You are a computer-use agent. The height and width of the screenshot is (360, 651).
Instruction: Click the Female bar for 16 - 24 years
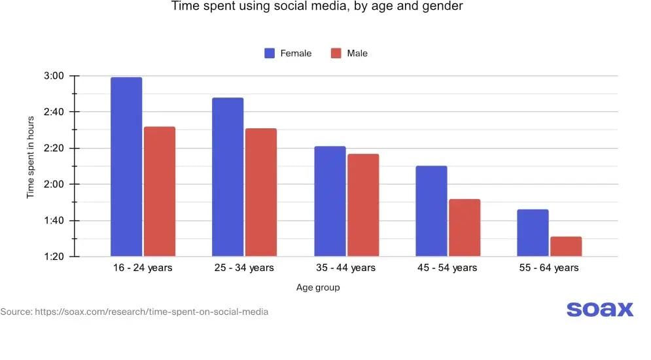pos(126,167)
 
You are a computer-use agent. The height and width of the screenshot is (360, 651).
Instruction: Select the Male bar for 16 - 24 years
pos(160,191)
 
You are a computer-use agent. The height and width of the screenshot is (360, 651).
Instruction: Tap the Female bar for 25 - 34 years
pos(228,177)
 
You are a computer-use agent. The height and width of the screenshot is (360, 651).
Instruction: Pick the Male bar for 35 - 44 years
pos(363,205)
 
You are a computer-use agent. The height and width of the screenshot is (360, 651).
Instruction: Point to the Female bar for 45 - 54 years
pos(431,211)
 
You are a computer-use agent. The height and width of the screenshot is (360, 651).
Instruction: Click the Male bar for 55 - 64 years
pos(566,246)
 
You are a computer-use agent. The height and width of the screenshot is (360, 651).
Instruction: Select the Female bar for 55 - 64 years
pos(533,232)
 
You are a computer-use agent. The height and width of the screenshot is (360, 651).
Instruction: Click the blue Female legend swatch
pos(270,53)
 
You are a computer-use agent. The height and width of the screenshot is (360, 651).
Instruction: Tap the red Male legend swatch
pos(336,53)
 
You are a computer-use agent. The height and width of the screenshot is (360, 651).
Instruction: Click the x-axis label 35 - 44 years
pos(346,268)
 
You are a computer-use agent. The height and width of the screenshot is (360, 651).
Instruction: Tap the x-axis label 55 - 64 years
pos(549,268)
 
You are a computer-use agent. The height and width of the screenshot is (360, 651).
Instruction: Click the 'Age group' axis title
pos(317,287)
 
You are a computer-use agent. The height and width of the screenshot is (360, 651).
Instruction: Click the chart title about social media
pos(317,7)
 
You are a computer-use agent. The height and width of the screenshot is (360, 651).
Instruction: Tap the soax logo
pos(599,309)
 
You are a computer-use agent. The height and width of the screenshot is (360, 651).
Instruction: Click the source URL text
pos(134,312)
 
